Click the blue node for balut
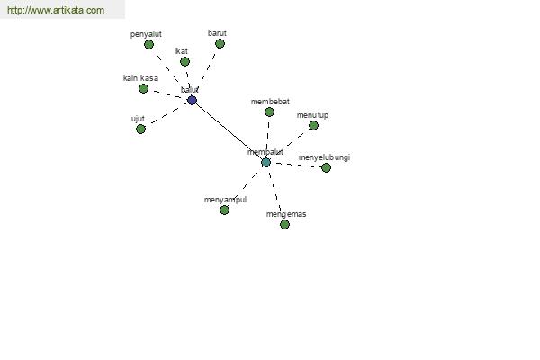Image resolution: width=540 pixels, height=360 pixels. (x=193, y=100)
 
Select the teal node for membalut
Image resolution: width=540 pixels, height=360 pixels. (x=265, y=163)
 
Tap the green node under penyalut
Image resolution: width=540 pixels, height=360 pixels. (x=148, y=44)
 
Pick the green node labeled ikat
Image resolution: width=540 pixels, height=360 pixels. (x=184, y=62)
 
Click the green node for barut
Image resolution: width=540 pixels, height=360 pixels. (x=220, y=44)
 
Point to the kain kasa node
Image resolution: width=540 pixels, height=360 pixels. (x=144, y=89)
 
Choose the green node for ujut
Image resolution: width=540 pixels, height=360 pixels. (x=141, y=130)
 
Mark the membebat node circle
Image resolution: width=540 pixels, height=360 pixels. (x=269, y=112)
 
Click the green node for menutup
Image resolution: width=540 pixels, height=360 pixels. (x=313, y=125)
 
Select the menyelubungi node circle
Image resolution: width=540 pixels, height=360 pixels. (x=326, y=167)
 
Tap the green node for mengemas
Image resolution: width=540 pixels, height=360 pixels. (x=284, y=225)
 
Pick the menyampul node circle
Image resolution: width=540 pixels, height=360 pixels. (x=224, y=210)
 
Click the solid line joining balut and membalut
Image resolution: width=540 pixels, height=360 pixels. (x=229, y=131)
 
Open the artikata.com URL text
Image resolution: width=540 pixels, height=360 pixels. (x=56, y=10)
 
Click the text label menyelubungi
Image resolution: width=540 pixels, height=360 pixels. (x=324, y=157)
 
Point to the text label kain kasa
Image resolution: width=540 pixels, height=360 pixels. (x=141, y=78)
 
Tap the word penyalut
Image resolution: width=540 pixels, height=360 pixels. (x=146, y=34)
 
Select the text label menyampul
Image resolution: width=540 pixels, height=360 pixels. (x=225, y=200)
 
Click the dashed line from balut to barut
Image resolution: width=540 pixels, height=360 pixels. (x=208, y=68)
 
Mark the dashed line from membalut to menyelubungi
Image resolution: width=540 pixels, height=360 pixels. (x=295, y=165)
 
